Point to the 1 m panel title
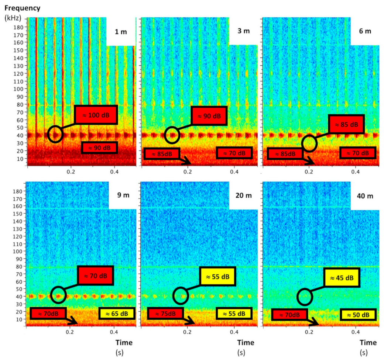click(x=121, y=32)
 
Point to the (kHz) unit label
click(x=13, y=17)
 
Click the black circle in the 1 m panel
click(x=55, y=134)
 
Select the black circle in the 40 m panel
click(x=305, y=297)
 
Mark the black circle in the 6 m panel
click(x=309, y=143)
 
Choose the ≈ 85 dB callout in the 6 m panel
click(x=346, y=124)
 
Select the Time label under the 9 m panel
click(x=124, y=343)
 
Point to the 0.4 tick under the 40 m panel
click(x=355, y=332)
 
